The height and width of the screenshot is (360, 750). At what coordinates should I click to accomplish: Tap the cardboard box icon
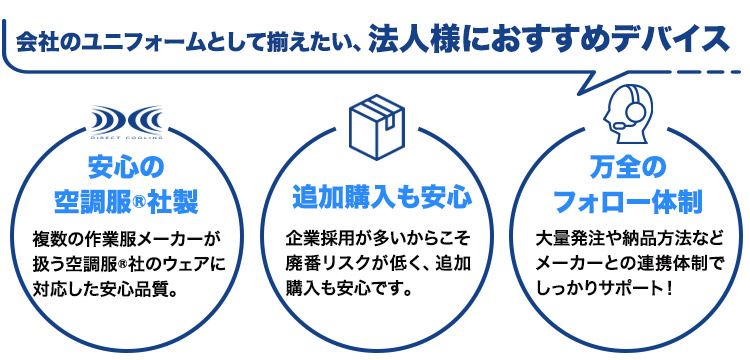[x=374, y=123]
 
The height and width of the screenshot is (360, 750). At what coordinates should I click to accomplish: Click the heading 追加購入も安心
[x=374, y=193]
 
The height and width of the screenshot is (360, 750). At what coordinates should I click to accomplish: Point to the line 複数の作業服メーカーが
[x=125, y=240]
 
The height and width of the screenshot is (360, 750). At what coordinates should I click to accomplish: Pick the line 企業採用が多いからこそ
[x=374, y=240]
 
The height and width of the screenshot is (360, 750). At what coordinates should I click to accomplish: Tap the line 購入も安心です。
[x=350, y=293]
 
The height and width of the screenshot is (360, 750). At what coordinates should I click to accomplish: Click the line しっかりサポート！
[x=607, y=293]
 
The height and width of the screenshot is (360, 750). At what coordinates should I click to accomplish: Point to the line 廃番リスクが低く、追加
[x=374, y=266]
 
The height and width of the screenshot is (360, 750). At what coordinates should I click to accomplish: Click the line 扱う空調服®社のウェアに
[x=125, y=266]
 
